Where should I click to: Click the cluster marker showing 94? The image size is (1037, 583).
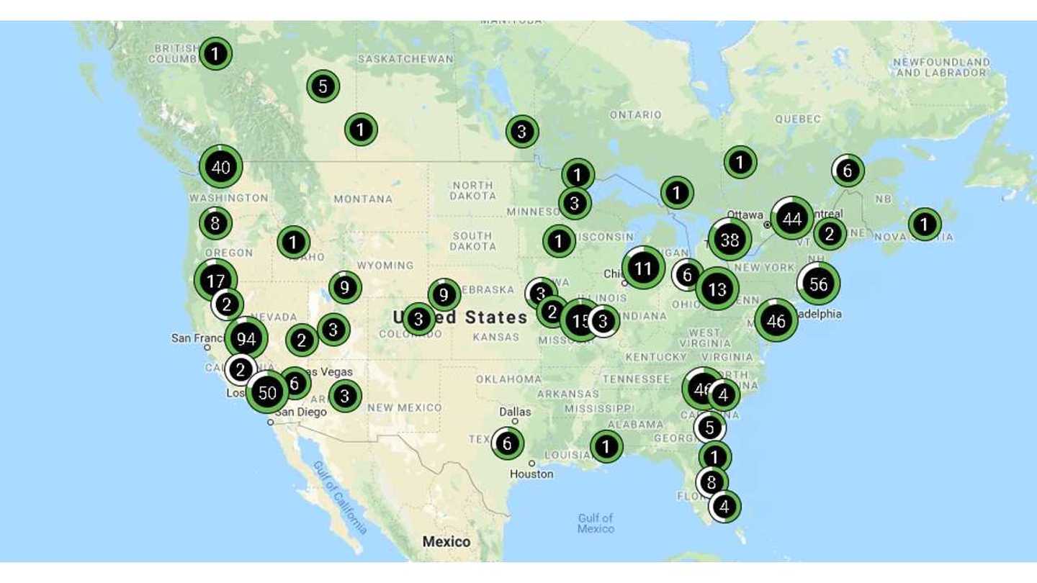pos(246,338)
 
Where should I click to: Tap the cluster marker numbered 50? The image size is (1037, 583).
pos(267,392)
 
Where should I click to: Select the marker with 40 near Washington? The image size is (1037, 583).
pos(220,167)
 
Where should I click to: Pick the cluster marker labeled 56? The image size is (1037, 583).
pos(818,284)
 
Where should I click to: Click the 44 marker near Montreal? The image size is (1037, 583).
pos(792,219)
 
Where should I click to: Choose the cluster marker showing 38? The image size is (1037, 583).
pos(730,240)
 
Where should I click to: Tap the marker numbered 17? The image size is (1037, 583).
pos(215,280)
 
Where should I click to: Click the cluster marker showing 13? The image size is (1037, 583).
pos(717,289)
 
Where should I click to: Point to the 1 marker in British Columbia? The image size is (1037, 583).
pos(215,53)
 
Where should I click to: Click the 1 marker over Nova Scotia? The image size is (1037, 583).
pos(924,224)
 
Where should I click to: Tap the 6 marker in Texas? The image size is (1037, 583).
pos(507,443)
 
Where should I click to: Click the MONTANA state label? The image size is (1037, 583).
pos(363,199)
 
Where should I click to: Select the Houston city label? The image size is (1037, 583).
pos(532,474)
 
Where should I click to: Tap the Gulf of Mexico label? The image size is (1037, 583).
pos(596,523)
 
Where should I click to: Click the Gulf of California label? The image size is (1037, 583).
pos(340,497)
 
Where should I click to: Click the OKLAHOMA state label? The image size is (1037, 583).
pos(508,379)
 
